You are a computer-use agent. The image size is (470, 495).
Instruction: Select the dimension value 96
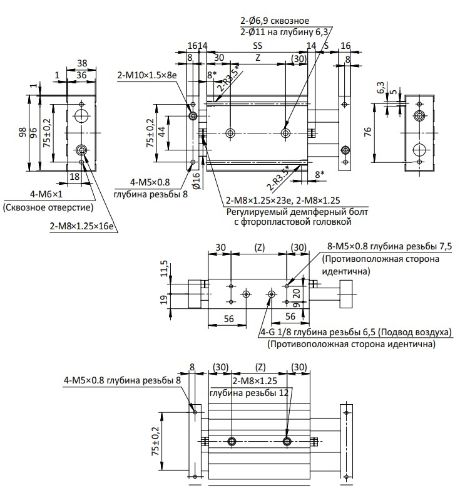coord(33,133)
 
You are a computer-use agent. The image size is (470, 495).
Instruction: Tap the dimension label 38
coord(82,63)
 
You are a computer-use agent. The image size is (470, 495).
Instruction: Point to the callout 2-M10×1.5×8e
coord(147,75)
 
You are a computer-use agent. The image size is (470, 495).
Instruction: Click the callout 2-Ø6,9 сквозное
coord(275,21)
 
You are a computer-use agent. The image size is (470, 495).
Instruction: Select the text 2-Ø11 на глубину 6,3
coord(284,32)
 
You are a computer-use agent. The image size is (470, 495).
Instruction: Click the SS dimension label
coord(258,46)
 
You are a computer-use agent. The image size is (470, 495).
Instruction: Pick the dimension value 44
coord(161,132)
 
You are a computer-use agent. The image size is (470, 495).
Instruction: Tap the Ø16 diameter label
coord(196,180)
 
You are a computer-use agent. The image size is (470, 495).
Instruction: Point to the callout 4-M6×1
coord(46,194)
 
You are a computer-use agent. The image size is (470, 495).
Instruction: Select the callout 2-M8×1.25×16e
coord(81,226)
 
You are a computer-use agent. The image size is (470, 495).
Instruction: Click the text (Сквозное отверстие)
coord(48,207)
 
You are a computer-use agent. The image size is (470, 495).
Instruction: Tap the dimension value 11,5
coord(165,269)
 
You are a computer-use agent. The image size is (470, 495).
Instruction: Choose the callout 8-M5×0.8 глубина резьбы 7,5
coord(389,246)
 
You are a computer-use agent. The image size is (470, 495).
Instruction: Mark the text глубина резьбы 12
coord(249,393)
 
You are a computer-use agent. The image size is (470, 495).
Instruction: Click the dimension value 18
coord(74,177)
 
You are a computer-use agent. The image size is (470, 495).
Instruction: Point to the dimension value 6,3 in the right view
coord(381,88)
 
